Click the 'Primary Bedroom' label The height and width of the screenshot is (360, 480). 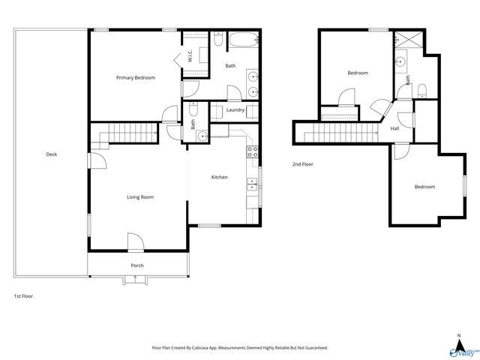point(135,77)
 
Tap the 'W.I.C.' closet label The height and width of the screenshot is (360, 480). point(190,56)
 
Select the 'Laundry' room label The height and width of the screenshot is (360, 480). point(235,110)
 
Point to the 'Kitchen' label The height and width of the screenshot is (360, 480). point(219,178)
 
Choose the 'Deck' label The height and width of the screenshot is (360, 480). point(51,154)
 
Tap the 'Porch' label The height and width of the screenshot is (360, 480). point(137,265)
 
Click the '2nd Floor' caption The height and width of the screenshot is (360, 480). point(303,163)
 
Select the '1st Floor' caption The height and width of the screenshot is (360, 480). point(23,296)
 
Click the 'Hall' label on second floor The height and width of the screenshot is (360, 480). point(394,128)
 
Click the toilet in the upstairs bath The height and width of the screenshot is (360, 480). point(421,91)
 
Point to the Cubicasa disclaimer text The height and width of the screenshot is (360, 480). point(240,348)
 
